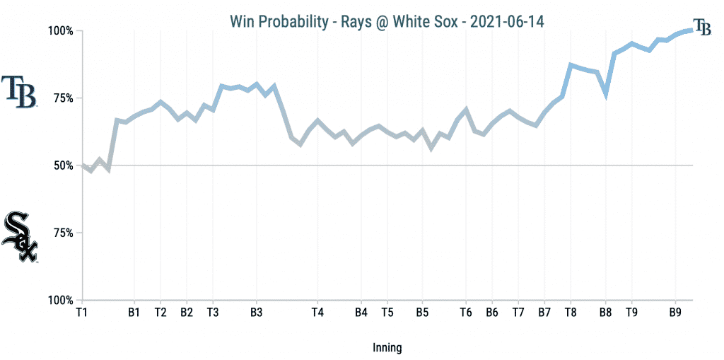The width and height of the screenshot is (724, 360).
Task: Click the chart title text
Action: (x=387, y=21)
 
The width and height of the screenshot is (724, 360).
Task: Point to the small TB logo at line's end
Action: (x=702, y=27)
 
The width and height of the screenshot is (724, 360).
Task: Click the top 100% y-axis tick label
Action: (x=61, y=31)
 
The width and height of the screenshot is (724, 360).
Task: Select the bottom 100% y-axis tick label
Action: (x=61, y=300)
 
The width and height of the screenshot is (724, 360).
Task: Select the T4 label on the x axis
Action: (x=317, y=312)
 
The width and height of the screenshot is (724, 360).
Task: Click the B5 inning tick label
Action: (x=422, y=312)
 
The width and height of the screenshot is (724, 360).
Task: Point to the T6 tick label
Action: (x=465, y=312)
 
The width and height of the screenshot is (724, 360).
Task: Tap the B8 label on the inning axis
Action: (x=605, y=312)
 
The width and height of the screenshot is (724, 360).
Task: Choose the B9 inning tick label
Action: (x=675, y=312)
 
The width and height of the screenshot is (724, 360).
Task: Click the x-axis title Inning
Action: (x=387, y=347)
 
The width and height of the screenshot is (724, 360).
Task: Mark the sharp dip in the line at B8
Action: (x=606, y=93)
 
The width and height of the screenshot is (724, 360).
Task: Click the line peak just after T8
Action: (x=571, y=65)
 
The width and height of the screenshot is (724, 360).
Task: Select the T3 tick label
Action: (x=213, y=312)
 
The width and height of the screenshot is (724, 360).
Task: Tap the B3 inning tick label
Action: (x=257, y=312)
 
